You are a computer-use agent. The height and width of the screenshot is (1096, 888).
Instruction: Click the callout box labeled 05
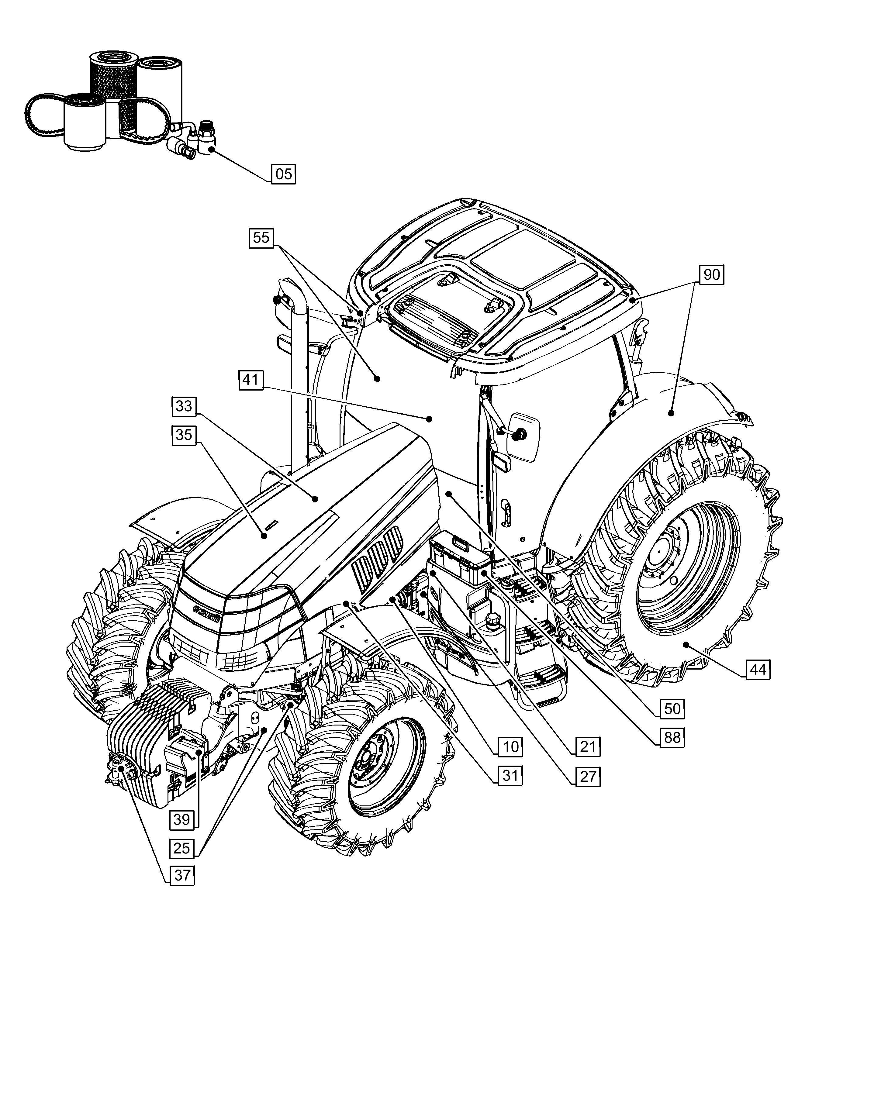tap(283, 174)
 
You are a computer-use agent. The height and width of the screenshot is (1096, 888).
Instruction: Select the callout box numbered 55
tap(261, 238)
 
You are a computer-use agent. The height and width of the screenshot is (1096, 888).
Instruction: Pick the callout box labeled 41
tap(251, 380)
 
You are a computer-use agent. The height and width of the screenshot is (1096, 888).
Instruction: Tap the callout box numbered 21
tap(588, 747)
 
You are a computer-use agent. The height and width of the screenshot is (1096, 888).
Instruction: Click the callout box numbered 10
tap(510, 747)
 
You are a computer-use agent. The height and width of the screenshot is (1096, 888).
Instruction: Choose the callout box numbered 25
tap(182, 849)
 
